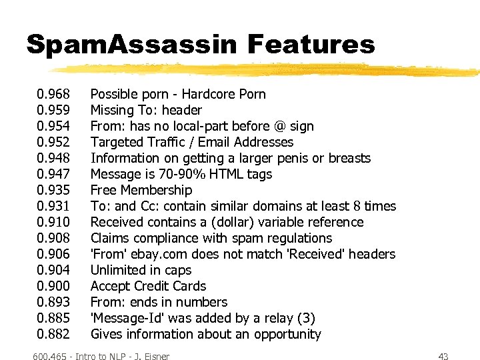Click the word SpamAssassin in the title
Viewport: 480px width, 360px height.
(x=131, y=45)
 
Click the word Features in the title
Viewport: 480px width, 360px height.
(x=311, y=45)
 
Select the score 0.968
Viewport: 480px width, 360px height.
(x=53, y=94)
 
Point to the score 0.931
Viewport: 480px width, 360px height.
(x=53, y=206)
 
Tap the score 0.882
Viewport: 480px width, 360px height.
(x=53, y=334)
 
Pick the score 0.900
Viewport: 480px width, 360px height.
(x=53, y=286)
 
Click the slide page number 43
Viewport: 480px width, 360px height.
(x=443, y=357)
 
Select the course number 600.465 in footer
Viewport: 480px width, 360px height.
(x=53, y=357)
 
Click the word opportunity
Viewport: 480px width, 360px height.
(x=288, y=334)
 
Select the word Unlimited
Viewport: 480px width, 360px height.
(x=118, y=270)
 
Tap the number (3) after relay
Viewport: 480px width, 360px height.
(x=306, y=318)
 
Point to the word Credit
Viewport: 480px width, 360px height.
(x=153, y=286)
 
